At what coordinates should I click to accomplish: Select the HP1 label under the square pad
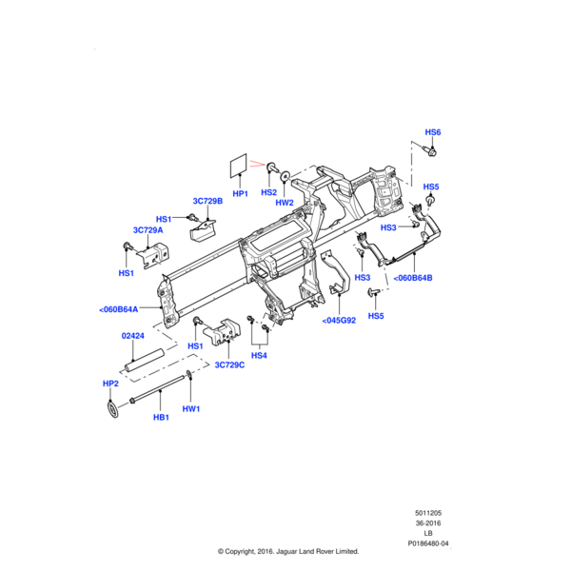point(240,194)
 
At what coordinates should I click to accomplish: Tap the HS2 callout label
point(268,192)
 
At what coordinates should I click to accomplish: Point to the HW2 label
point(285,203)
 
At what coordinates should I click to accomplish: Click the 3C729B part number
point(207,202)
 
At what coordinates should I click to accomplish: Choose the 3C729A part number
point(148,230)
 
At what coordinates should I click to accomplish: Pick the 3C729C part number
point(229,364)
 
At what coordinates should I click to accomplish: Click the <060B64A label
point(118,309)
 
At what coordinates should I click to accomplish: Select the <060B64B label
point(412,278)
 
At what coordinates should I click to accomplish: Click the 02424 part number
point(131,336)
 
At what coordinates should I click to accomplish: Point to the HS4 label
point(259,356)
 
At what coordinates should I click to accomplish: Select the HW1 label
point(191,409)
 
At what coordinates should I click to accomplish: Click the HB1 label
point(161,417)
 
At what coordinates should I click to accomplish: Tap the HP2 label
point(110,383)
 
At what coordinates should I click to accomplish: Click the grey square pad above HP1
point(239,166)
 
